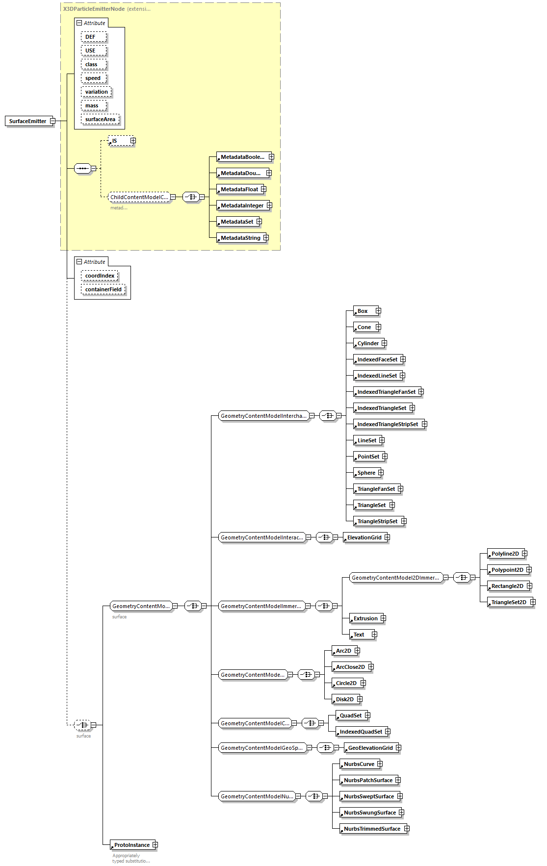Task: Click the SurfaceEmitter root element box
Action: (28, 121)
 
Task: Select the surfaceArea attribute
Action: (100, 119)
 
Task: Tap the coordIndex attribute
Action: (100, 276)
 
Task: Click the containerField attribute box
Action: (103, 289)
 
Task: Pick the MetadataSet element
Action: (237, 222)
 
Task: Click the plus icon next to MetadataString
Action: (266, 238)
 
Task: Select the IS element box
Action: (119, 141)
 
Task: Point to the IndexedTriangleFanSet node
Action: (386, 392)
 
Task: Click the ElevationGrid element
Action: (364, 537)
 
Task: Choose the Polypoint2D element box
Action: (507, 570)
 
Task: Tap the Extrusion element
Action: (365, 618)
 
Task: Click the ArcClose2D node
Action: (350, 667)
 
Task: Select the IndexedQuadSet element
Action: (361, 732)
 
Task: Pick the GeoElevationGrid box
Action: (370, 748)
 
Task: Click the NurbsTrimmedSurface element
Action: (372, 829)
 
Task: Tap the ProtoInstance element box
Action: (131, 845)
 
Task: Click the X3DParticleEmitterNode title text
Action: (94, 9)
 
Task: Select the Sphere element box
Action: (366, 473)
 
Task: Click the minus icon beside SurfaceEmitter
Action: (52, 121)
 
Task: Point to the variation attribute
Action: (96, 92)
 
